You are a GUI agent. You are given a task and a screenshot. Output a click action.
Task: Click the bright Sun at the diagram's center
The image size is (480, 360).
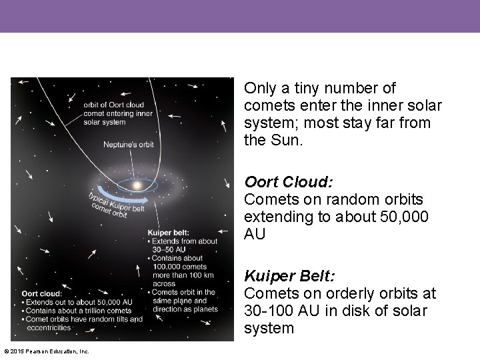137,185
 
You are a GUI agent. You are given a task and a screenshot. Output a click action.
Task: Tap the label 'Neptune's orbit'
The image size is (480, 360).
128,145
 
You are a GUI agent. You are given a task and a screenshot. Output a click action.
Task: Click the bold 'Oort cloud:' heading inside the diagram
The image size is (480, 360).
42,293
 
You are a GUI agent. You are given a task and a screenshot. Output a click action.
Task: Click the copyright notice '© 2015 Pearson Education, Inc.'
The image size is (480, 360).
46,351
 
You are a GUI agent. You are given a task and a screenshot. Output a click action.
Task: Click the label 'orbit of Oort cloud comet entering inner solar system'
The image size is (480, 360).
118,113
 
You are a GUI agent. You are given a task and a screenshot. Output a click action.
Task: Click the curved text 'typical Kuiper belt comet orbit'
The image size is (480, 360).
115,205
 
